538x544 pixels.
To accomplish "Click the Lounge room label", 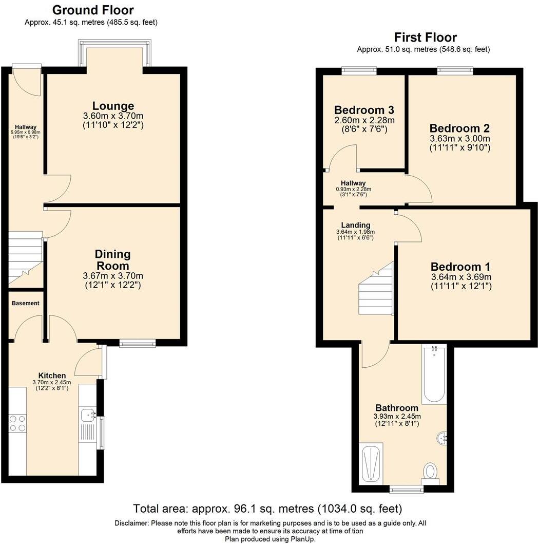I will [x=113, y=106].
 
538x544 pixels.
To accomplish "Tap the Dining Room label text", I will [x=112, y=260].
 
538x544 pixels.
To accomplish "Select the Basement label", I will [x=26, y=303].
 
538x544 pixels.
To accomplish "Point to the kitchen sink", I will [x=88, y=415].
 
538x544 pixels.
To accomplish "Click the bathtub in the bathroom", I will [x=434, y=374].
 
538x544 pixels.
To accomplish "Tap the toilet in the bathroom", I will [x=430, y=472].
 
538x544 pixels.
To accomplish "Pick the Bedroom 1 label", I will [x=460, y=267].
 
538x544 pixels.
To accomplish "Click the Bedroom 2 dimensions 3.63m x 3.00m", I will [x=460, y=139].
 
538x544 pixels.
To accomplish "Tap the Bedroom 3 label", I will [x=364, y=110].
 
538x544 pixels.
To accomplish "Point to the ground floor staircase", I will [x=25, y=257].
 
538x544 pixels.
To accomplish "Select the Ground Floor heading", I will [x=93, y=10].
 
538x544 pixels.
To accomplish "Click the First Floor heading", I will [x=425, y=37].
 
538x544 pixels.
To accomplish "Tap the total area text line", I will [x=267, y=509].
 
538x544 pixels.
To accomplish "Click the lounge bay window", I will [x=115, y=53].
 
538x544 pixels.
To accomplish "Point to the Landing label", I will [x=356, y=225].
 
